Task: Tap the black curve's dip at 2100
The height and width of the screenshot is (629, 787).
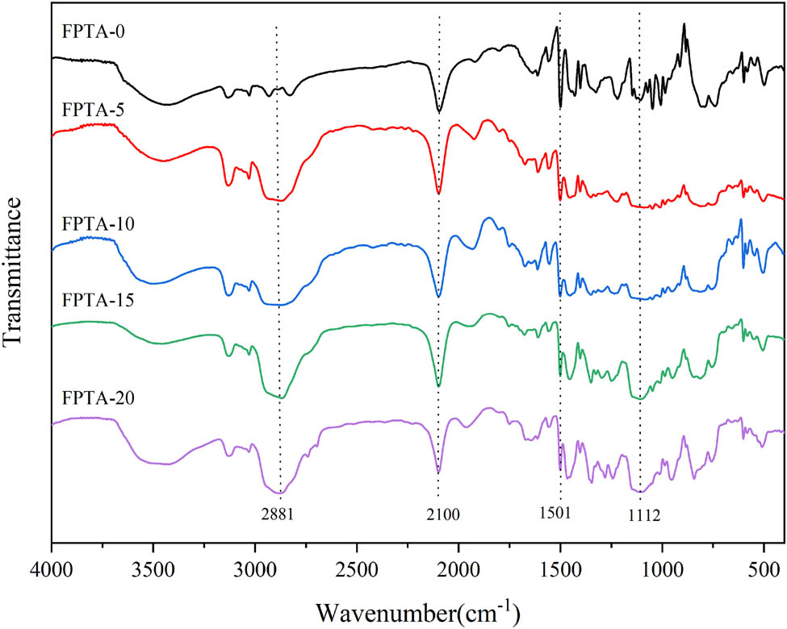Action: coord(439,111)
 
